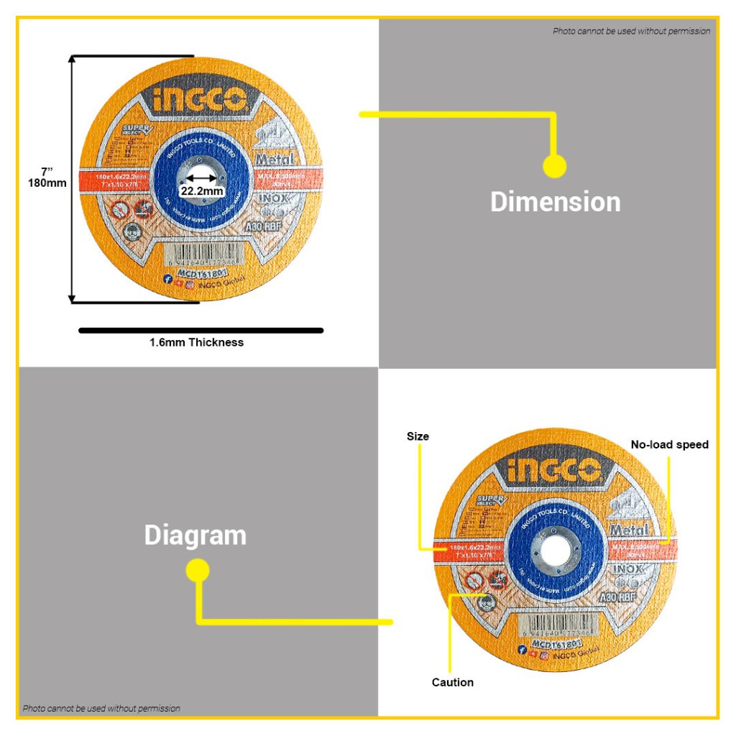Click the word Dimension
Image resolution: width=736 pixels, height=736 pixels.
(555, 202)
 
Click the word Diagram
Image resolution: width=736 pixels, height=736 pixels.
(195, 535)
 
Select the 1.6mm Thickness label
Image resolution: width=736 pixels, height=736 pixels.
(196, 343)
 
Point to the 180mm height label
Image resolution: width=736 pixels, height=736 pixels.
(48, 183)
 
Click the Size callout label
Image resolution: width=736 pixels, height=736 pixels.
(418, 436)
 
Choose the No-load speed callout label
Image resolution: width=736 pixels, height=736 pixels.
(669, 445)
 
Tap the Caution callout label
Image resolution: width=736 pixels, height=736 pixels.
(452, 682)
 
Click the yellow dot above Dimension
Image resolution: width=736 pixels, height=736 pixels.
(554, 167)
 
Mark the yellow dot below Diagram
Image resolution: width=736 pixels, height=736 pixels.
(198, 571)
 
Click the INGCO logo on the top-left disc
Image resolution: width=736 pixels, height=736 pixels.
(201, 101)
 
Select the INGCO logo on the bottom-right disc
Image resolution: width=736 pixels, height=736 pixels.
(553, 472)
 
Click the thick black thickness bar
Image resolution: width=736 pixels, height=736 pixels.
(201, 331)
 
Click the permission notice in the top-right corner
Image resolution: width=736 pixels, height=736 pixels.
(631, 31)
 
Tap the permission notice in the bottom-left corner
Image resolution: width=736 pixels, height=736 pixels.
(101, 709)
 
